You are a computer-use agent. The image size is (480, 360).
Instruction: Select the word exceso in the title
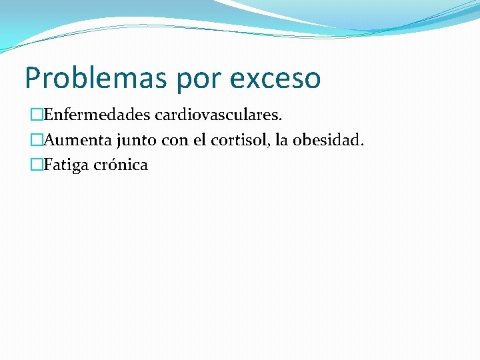coord(275,78)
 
